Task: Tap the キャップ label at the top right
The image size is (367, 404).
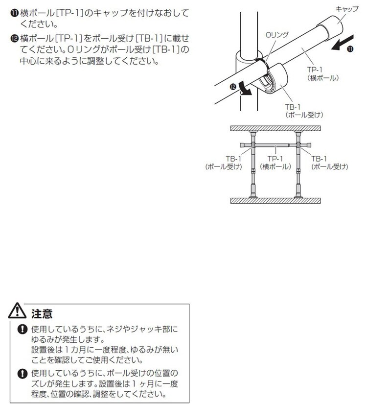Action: [x=347, y=9]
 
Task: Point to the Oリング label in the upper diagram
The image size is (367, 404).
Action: [x=277, y=35]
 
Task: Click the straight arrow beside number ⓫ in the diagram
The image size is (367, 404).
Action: [x=342, y=42]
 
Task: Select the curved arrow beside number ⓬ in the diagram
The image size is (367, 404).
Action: [x=245, y=89]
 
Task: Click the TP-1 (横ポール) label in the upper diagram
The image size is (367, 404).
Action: [x=323, y=73]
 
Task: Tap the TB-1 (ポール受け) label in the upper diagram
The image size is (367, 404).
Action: [x=304, y=111]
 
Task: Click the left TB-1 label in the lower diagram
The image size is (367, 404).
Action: [x=224, y=163]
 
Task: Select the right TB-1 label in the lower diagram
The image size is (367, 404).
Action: [x=329, y=163]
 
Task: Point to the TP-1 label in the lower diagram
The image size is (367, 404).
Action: [x=275, y=163]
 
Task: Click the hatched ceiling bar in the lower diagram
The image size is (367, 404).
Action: [x=275, y=129]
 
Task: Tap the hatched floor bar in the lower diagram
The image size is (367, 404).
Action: [x=275, y=201]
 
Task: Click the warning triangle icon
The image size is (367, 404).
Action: [x=17, y=311]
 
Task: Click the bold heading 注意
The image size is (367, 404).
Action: [x=42, y=314]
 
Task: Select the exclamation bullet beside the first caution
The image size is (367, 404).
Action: [x=23, y=329]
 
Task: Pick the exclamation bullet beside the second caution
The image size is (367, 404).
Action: [x=23, y=373]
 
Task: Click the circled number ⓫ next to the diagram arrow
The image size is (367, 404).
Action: [x=350, y=49]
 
